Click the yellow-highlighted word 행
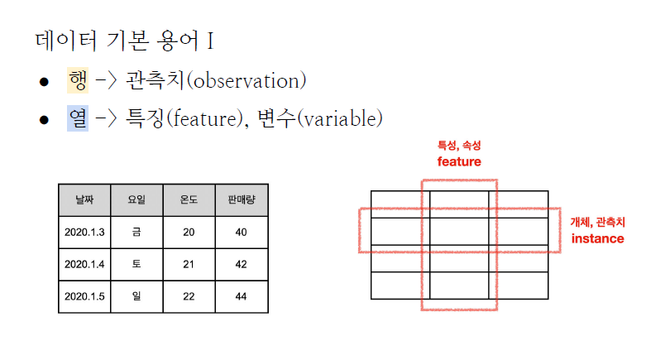78,80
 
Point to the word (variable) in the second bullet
339,120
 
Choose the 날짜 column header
84,199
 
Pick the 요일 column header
136,199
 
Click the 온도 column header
189,199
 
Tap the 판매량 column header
241,199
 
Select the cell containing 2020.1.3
84,233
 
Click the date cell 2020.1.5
84,296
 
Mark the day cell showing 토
136,264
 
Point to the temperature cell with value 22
189,296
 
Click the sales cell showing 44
241,296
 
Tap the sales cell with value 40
241,233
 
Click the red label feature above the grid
459,161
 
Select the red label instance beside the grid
597,238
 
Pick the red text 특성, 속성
459,145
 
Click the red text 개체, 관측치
597,222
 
